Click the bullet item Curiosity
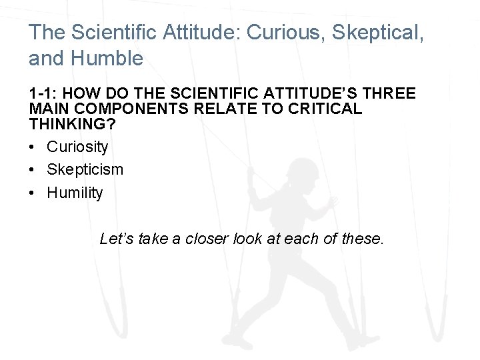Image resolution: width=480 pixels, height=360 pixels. click(77, 146)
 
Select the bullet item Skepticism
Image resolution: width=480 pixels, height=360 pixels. click(85, 169)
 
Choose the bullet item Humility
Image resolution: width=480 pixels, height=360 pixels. click(75, 193)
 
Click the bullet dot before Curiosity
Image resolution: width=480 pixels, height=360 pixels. click(33, 146)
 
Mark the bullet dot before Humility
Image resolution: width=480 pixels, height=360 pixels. click(33, 193)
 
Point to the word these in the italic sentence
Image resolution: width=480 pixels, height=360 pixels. click(363, 238)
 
